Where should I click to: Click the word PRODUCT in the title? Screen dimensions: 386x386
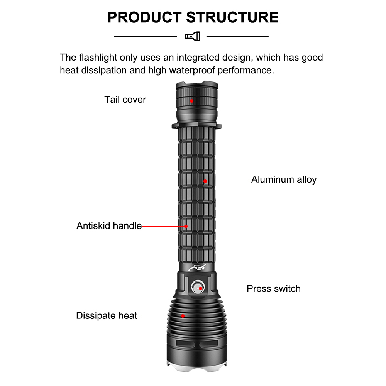(144, 17)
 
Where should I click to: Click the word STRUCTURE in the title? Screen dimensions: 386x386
(232, 17)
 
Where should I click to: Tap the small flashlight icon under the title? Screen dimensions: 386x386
(192, 36)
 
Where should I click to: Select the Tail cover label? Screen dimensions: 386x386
(125, 100)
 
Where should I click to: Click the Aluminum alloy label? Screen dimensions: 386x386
(284, 179)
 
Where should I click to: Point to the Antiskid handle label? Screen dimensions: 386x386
(109, 226)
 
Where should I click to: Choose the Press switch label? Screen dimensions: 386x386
(273, 289)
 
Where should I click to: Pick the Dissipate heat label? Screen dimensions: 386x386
(107, 316)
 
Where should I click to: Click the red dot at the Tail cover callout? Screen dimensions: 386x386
(191, 101)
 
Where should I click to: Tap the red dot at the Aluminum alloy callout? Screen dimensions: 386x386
(205, 181)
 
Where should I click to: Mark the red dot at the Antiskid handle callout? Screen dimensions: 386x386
(186, 226)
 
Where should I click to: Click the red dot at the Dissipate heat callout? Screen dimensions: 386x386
(183, 316)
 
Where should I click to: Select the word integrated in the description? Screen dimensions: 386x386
(199, 58)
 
